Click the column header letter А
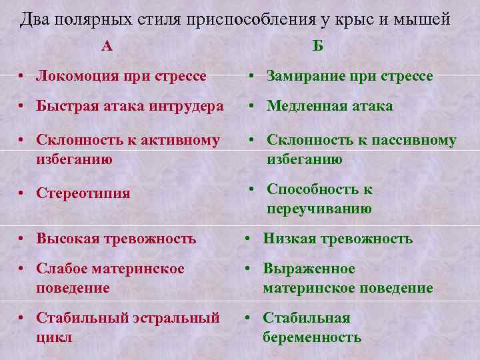(x=107, y=47)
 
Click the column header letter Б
(x=317, y=47)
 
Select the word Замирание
(x=302, y=76)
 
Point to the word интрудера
(x=191, y=107)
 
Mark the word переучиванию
(x=319, y=209)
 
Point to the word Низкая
(x=288, y=238)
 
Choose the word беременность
(x=312, y=337)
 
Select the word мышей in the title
(x=426, y=19)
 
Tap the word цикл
(x=54, y=337)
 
